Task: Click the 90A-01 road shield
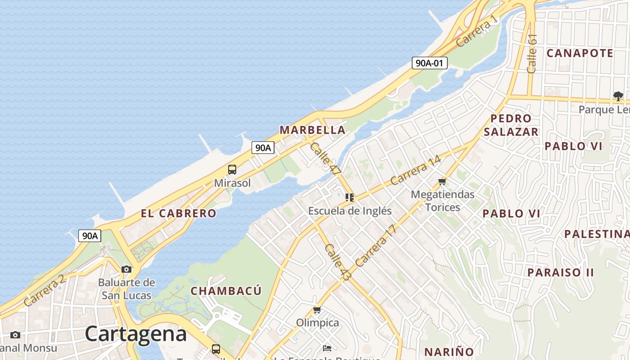(429, 63)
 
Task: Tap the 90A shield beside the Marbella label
(263, 148)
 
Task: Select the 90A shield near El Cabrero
(90, 236)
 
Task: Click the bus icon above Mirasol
(232, 170)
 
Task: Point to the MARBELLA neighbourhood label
(313, 130)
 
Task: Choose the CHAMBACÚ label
(226, 291)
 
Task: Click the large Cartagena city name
(135, 334)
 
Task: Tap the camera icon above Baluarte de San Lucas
(126, 269)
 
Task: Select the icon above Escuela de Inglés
(350, 197)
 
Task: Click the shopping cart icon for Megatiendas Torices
(442, 182)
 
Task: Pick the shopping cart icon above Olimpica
(317, 310)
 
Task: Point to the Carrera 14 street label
(416, 171)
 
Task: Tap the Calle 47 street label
(325, 158)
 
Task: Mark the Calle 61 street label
(532, 54)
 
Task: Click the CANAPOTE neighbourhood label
(580, 53)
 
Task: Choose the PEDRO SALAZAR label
(511, 125)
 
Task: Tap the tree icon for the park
(618, 96)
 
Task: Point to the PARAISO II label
(561, 272)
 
